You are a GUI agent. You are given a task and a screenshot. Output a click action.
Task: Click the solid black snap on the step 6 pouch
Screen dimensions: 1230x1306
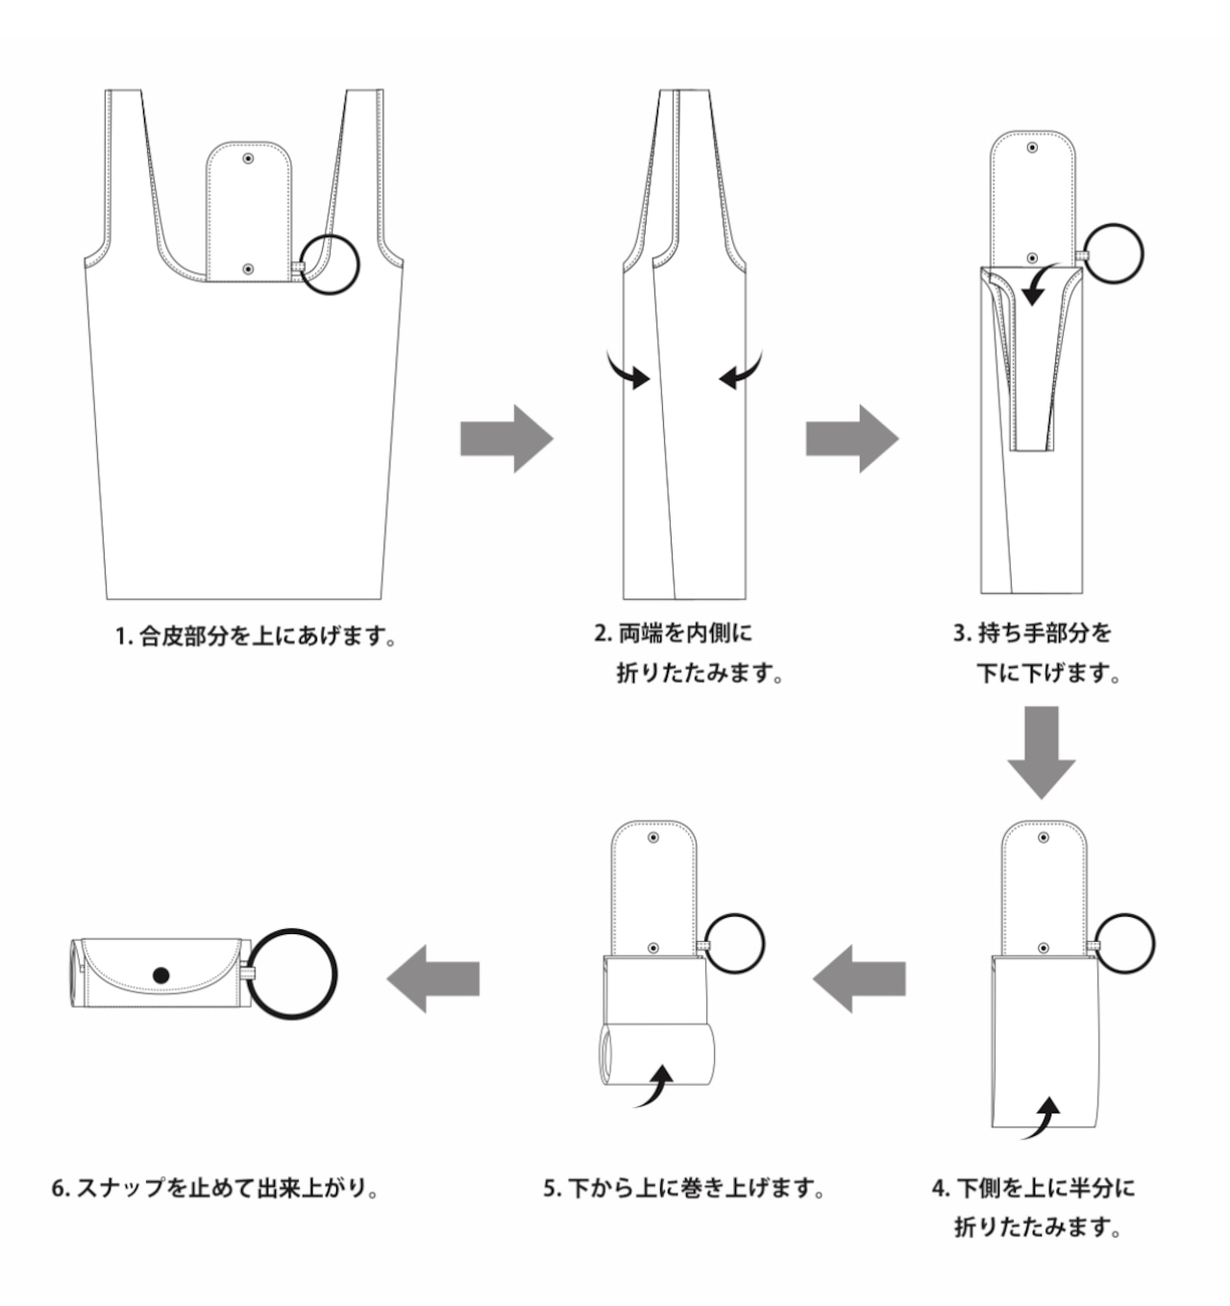point(160,975)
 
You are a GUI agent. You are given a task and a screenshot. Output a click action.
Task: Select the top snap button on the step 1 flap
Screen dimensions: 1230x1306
point(248,157)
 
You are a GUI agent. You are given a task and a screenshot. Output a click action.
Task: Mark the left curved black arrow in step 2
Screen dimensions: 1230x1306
point(628,372)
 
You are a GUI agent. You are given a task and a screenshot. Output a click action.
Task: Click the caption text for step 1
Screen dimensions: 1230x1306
point(255,635)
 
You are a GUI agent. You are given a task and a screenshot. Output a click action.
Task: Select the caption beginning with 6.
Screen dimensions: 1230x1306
point(214,1188)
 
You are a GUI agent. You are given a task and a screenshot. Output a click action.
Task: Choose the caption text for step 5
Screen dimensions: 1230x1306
point(684,1188)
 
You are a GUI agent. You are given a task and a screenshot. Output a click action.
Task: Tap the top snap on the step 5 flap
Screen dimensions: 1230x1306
point(653,838)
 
